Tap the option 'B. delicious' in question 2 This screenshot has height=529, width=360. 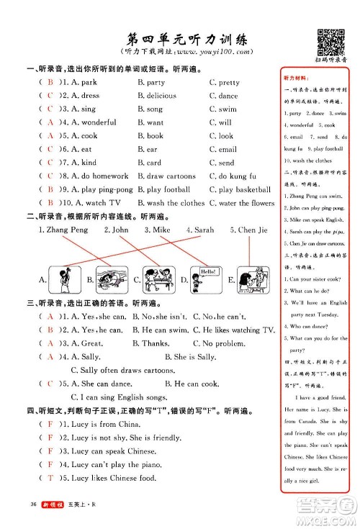pyautogui.click(x=156, y=96)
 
